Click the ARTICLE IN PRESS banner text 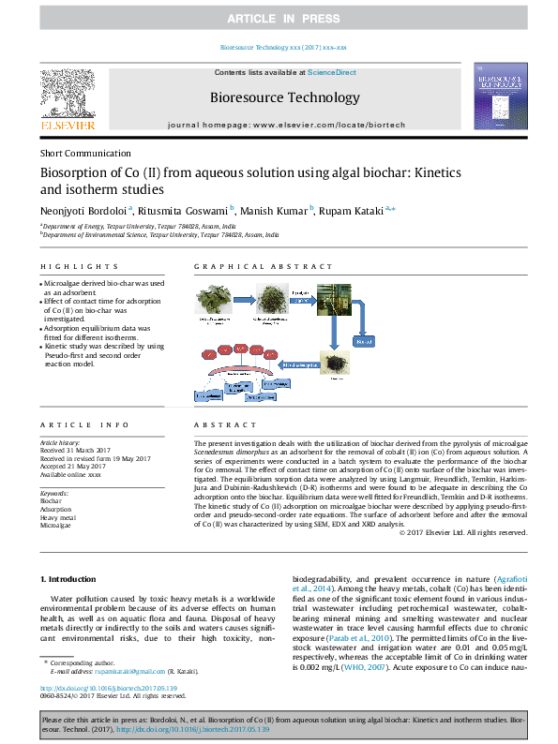[279, 19]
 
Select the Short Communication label [85, 154]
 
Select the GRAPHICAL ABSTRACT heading [245, 267]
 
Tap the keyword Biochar [51, 501]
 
